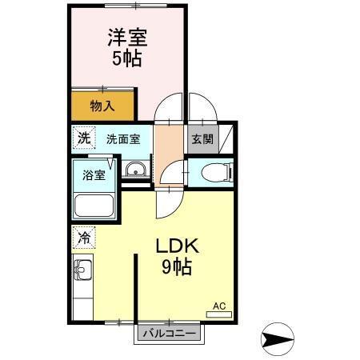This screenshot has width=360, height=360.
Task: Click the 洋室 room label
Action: pyautogui.click(x=128, y=38)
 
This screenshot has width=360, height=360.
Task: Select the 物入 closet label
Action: pyautogui.click(x=102, y=105)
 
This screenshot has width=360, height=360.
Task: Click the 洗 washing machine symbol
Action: pyautogui.click(x=84, y=138)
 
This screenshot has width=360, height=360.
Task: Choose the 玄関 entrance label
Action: pyautogui.click(x=201, y=138)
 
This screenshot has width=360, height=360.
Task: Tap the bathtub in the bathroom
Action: pyautogui.click(x=94, y=206)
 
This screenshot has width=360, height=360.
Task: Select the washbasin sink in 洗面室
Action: pyautogui.click(x=136, y=169)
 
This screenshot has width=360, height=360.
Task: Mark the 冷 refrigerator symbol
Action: pyautogui.click(x=84, y=237)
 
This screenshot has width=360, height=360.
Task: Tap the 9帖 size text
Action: pyautogui.click(x=179, y=268)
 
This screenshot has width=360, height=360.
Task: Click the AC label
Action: pyautogui.click(x=218, y=305)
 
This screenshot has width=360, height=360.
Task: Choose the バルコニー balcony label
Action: pyautogui.click(x=168, y=332)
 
